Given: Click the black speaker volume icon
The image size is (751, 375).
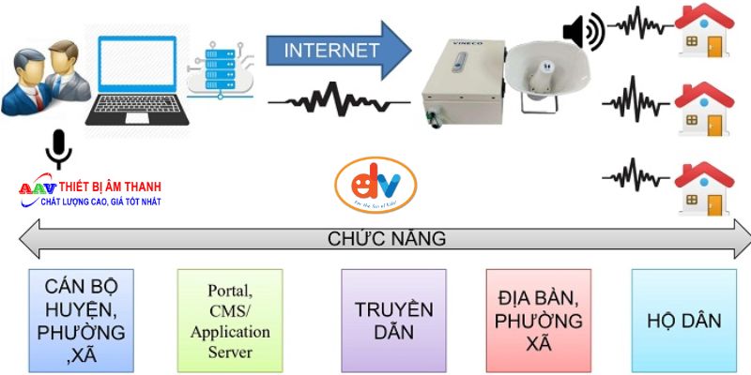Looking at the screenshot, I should pos(582,32).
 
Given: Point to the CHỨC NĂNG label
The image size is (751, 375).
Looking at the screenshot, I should pos(386,239).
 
